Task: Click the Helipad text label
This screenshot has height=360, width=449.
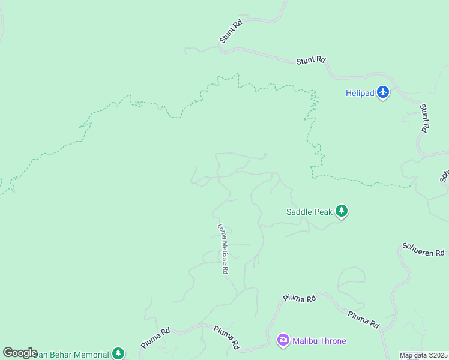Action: tap(360, 93)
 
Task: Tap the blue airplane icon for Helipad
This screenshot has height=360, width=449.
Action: tap(384, 92)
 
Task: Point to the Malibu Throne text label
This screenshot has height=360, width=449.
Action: tap(319, 341)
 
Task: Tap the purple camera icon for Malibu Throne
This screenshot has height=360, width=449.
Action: tap(283, 341)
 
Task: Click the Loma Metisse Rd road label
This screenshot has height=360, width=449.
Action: tap(223, 249)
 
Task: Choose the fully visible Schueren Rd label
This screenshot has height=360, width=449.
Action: tap(423, 250)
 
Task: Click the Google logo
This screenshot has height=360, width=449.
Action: tap(20, 353)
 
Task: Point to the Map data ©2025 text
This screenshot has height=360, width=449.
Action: tap(423, 355)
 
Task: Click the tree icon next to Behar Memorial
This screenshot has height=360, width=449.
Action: tap(119, 353)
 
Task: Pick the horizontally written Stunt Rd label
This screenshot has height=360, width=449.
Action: tap(311, 61)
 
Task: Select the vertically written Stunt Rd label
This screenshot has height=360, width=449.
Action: tap(424, 118)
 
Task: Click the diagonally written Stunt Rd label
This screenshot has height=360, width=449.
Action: tap(231, 32)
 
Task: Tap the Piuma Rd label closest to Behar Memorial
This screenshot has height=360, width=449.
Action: tap(156, 338)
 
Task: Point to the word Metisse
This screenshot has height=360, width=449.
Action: tap(223, 250)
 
